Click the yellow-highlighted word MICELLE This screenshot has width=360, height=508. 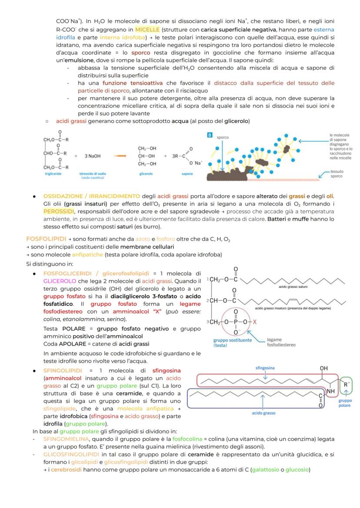(x=147, y=30)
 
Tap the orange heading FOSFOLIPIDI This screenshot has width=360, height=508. (x=46, y=239)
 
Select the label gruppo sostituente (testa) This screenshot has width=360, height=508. (x=232, y=342)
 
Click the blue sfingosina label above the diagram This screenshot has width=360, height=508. (x=264, y=368)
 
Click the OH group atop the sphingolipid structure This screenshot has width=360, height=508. (x=323, y=368)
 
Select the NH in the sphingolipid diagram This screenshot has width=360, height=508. (x=331, y=391)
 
